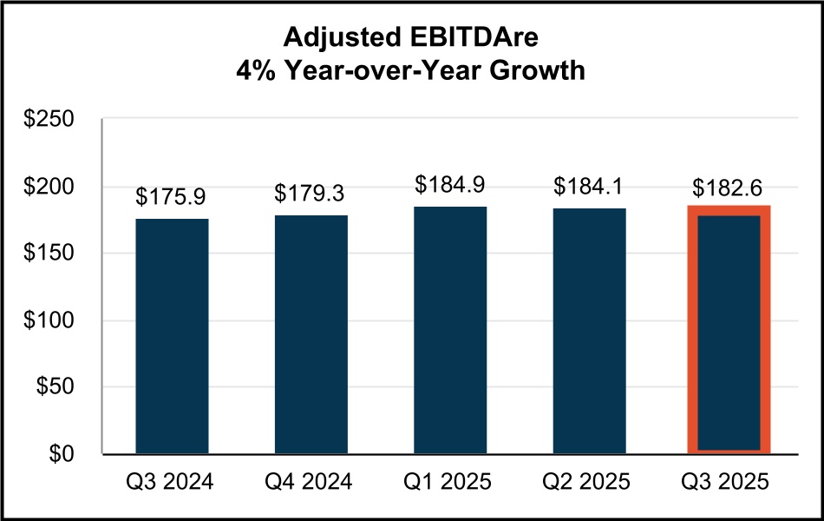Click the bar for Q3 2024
point(172,336)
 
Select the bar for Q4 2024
point(311,334)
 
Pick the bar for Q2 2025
point(589,331)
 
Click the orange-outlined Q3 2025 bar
point(729,330)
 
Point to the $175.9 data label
point(171,198)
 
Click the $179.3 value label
point(310,193)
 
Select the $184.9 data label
point(450,185)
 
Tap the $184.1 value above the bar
point(589,186)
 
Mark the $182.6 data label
point(729,188)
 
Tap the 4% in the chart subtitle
point(256,72)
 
